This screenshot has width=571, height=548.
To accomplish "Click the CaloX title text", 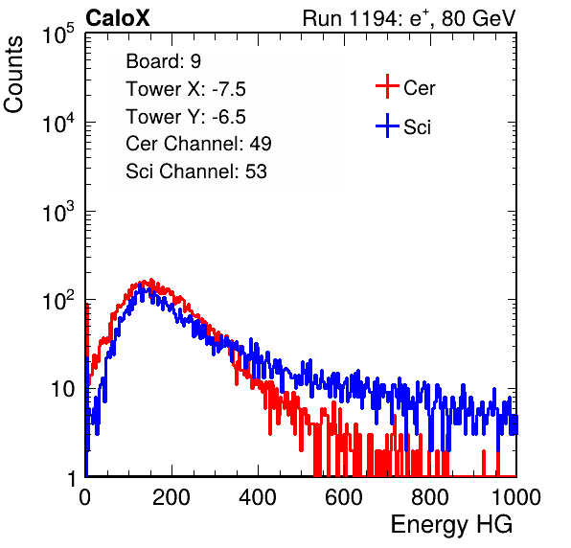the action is click(x=117, y=18).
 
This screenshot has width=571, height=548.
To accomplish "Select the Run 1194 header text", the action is click(x=409, y=18).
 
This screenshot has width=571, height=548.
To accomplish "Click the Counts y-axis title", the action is click(x=13, y=75).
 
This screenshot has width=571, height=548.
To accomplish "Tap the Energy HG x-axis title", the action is click(x=451, y=525).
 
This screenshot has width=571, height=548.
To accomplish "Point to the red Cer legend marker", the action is click(x=387, y=86).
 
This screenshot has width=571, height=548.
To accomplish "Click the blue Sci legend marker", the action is click(x=387, y=126).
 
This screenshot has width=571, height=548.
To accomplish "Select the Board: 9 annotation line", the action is click(x=164, y=61).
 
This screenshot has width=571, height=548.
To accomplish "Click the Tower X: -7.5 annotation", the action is click(x=186, y=89).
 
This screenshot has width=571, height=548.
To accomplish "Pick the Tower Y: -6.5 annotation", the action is click(x=186, y=117).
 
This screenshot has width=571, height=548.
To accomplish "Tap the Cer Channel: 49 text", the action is click(x=198, y=144).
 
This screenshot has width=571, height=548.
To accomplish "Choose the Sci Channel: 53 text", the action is click(x=196, y=171).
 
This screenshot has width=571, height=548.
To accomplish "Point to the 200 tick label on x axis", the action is click(x=171, y=497).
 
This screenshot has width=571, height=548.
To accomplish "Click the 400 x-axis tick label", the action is click(x=258, y=497).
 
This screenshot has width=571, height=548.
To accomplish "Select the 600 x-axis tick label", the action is click(x=344, y=497).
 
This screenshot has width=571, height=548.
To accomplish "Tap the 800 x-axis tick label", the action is click(x=430, y=497).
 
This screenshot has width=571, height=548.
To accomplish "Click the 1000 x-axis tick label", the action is click(x=516, y=497).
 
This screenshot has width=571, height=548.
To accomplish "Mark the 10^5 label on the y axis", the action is click(x=58, y=34).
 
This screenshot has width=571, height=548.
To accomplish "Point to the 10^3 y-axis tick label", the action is click(x=58, y=213).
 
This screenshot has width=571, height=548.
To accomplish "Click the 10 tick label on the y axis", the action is click(x=62, y=389).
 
